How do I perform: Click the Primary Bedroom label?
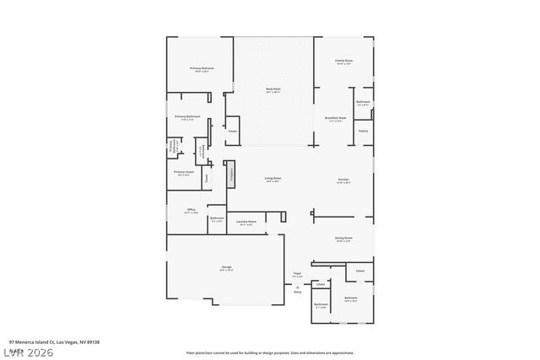[201, 68]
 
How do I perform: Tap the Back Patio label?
[273, 89]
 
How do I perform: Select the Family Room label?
[343, 61]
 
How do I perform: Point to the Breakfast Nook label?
[334, 118]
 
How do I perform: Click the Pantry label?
[363, 131]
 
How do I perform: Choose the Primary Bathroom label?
[185, 116]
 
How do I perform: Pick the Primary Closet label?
[184, 172]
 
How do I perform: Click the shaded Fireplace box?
[229, 174]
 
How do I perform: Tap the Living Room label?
[273, 178]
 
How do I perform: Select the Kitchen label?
[343, 180]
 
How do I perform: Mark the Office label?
[192, 209]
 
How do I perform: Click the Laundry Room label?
[246, 222]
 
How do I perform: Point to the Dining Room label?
[343, 239]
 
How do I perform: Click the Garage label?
[226, 267]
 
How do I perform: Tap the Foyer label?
[297, 273]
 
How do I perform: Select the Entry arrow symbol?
[297, 287]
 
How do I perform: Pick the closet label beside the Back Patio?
[232, 131]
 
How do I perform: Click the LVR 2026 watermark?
[27, 352]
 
